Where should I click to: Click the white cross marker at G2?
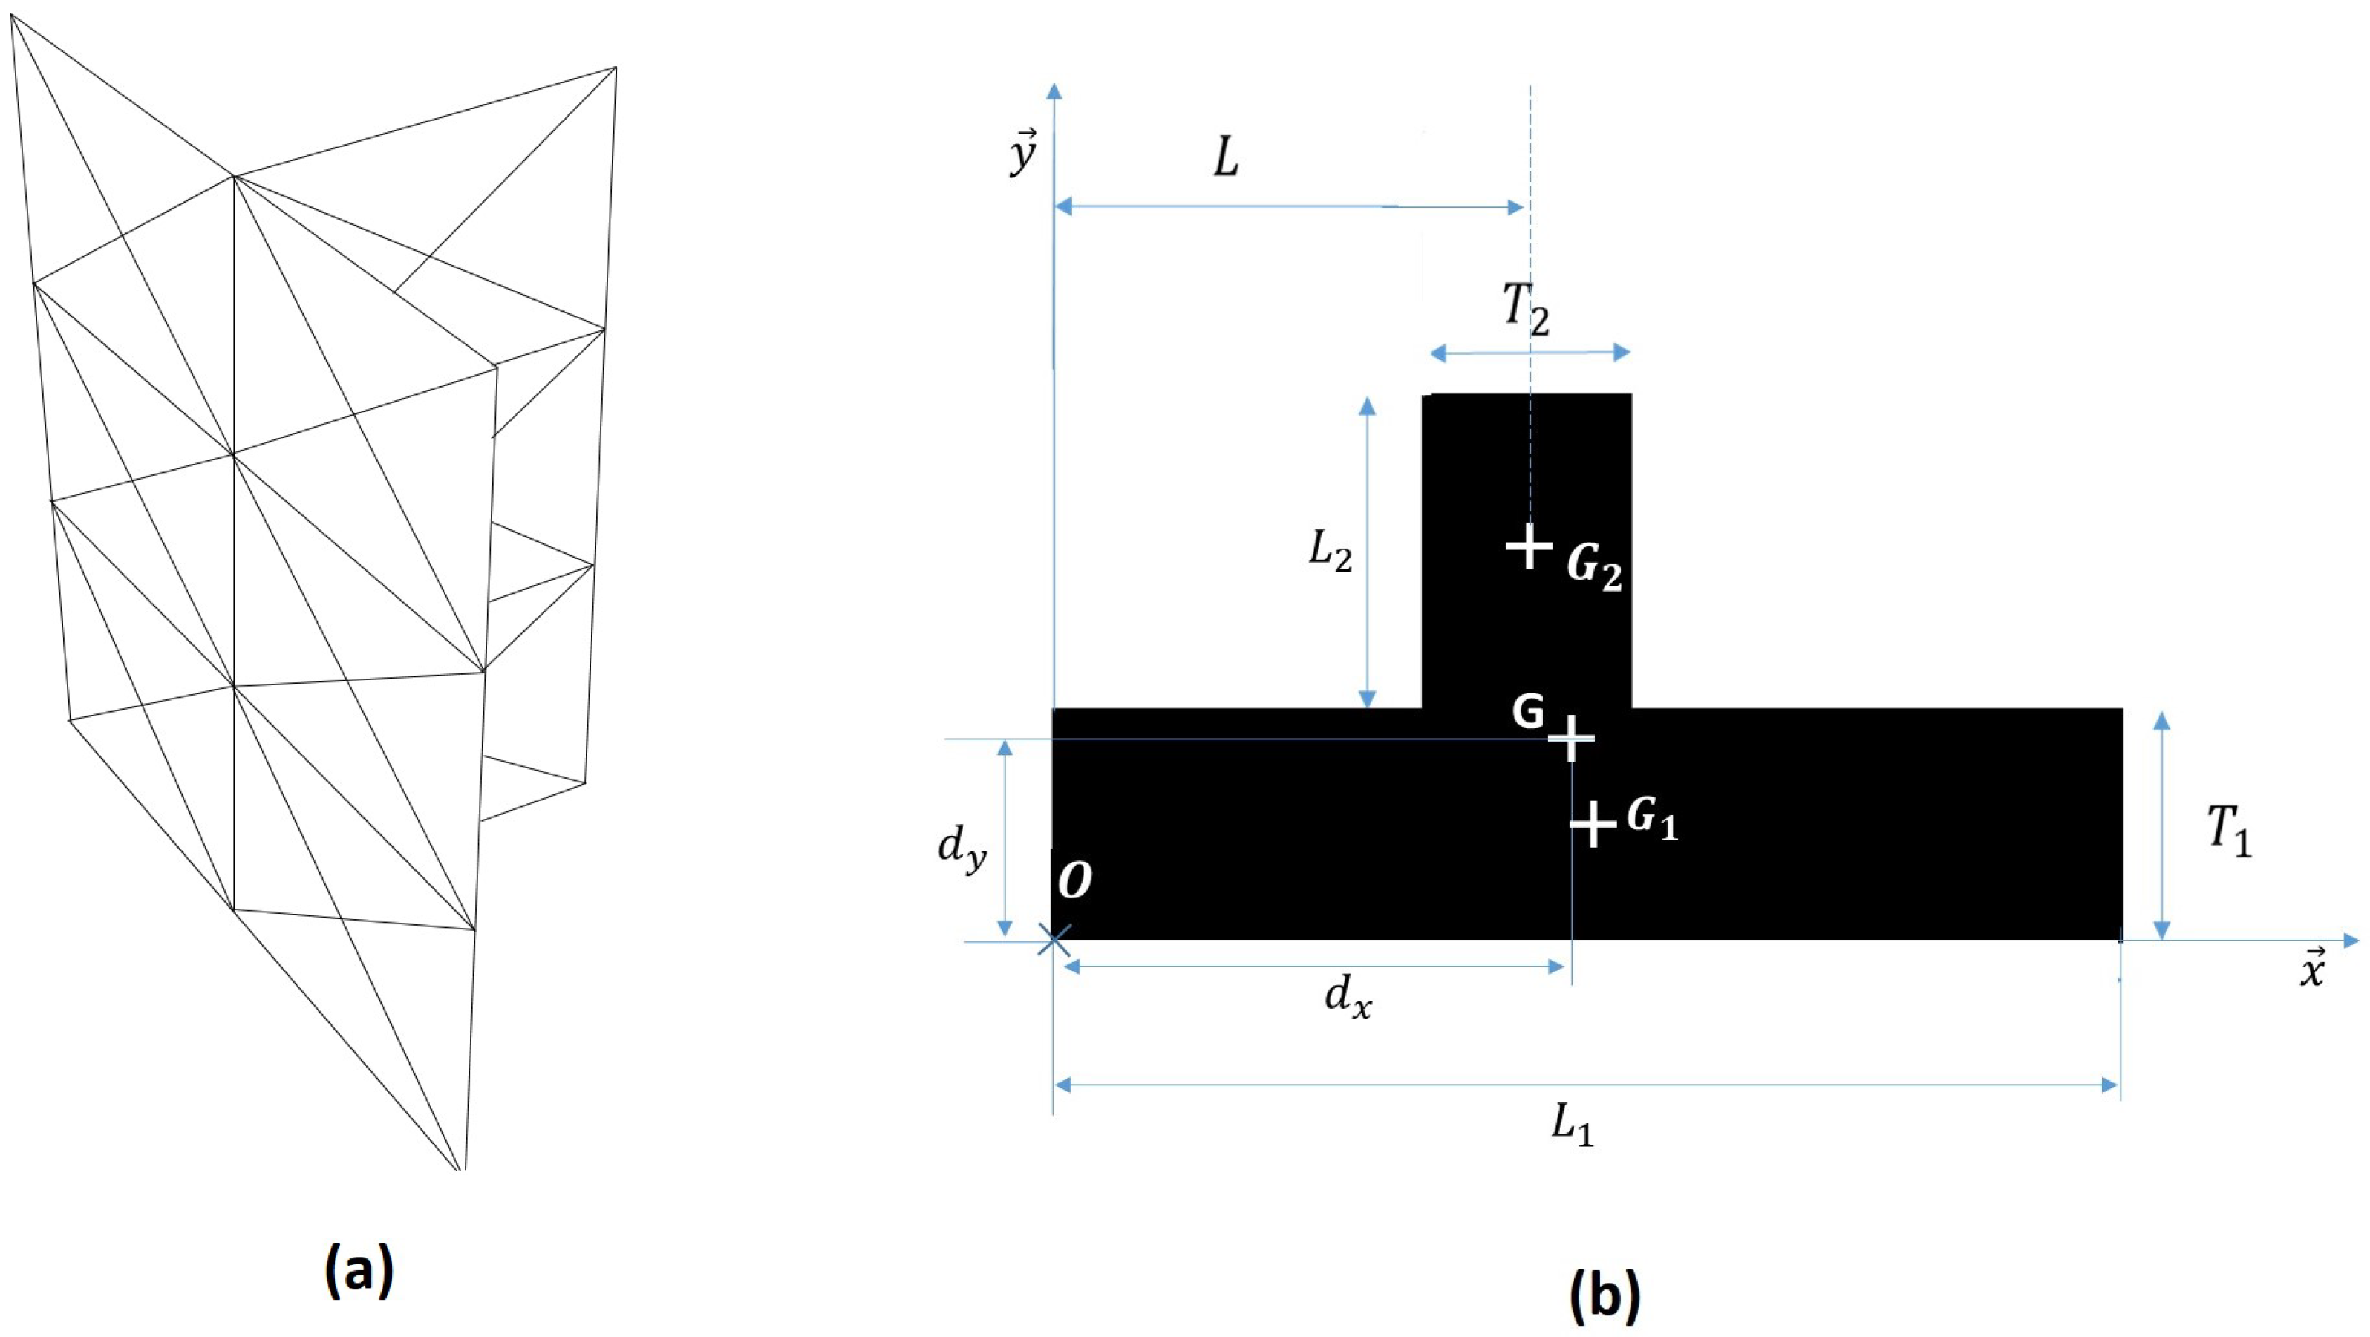pyautogui.click(x=1529, y=546)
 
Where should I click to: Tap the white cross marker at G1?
pyautogui.click(x=1593, y=823)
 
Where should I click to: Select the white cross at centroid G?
pyautogui.click(x=1571, y=738)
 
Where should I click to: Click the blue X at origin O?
pyautogui.click(x=1054, y=941)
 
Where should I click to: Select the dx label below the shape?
pyautogui.click(x=1348, y=998)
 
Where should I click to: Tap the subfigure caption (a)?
pyautogui.click(x=359, y=1271)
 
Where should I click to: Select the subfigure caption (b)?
pyautogui.click(x=1603, y=1295)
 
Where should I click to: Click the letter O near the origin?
pyautogui.click(x=1074, y=880)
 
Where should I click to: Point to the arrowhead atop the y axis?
pyautogui.click(x=1054, y=89)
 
